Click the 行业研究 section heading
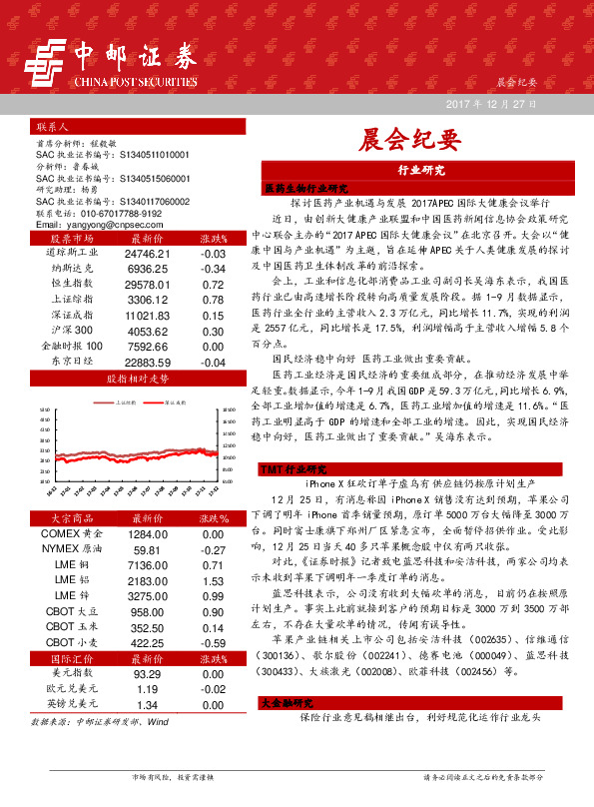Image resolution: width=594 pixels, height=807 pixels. click(420, 171)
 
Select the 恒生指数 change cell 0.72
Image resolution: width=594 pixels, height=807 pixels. click(213, 285)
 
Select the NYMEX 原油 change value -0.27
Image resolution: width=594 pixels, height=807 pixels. click(213, 550)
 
